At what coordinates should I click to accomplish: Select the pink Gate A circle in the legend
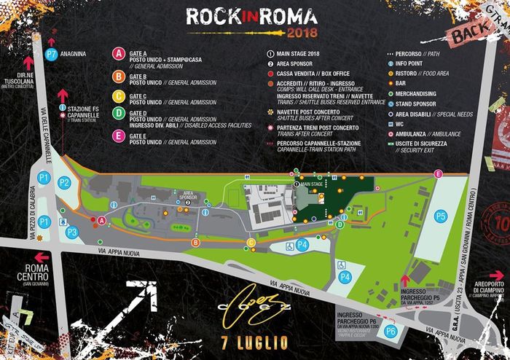point(117,53)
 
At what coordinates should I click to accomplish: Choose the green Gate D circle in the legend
point(117,114)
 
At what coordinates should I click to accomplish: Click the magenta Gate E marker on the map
point(438,173)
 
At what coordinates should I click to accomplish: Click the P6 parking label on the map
point(391,332)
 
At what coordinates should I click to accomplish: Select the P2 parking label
point(64,182)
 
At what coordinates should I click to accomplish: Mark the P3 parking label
point(71,232)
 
